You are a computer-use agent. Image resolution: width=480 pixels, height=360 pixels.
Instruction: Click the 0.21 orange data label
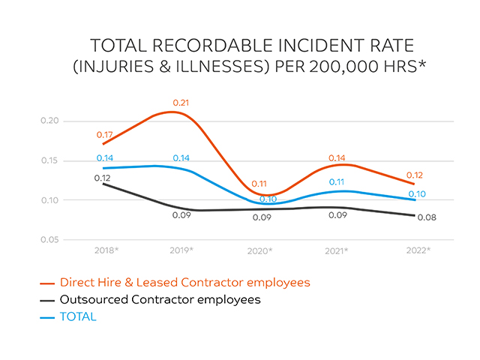[x=180, y=102]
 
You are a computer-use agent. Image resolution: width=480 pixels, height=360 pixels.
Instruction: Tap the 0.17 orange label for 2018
[x=104, y=135]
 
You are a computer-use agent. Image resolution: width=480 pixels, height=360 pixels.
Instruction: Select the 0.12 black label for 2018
[x=103, y=178]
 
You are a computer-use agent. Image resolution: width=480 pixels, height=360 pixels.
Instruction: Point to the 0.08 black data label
[x=426, y=217]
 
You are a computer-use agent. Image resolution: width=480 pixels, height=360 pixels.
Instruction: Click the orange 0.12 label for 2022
[x=415, y=175]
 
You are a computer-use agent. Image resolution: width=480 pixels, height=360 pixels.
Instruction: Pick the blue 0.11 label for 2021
[x=337, y=182]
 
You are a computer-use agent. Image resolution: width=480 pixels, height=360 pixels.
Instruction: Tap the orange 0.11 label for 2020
[x=259, y=183]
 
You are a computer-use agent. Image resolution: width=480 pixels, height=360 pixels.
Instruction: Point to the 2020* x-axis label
[x=259, y=250]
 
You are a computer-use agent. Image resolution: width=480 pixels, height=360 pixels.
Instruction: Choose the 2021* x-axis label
[x=337, y=250]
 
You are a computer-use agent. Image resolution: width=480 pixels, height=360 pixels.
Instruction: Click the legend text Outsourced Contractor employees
[x=160, y=300]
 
